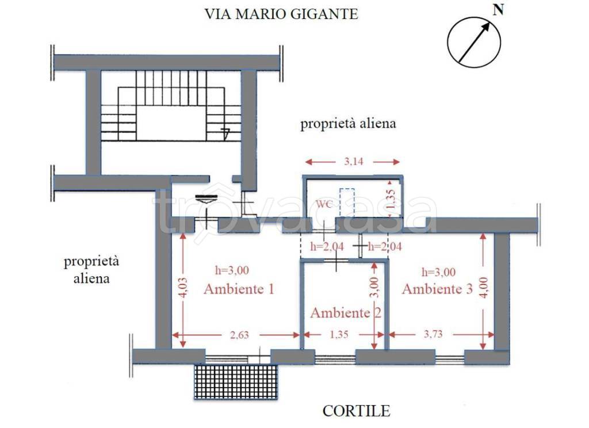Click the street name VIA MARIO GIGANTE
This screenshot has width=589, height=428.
(x=281, y=14)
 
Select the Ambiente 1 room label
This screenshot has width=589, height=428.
(x=238, y=289)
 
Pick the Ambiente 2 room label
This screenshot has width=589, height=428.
(x=346, y=313)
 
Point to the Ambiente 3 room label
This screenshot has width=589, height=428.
(x=437, y=289)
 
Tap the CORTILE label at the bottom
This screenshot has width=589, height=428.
(x=356, y=411)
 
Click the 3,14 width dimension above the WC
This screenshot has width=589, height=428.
(x=353, y=162)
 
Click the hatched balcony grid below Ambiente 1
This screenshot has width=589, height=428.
(x=236, y=381)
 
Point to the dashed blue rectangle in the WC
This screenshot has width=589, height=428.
(x=346, y=202)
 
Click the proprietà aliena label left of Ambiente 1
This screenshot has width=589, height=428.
(x=91, y=270)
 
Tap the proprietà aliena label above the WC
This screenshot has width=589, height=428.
(x=348, y=124)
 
